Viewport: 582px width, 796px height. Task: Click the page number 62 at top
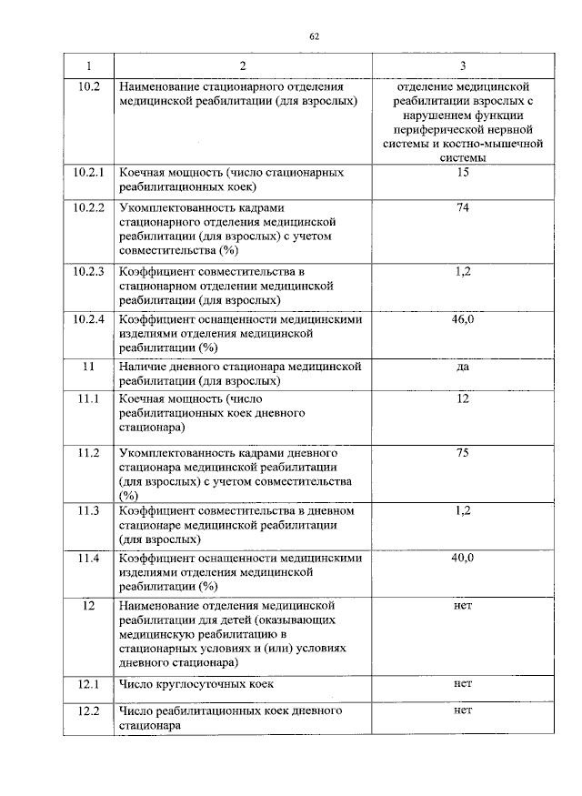click(314, 36)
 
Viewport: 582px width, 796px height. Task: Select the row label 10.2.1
click(88, 172)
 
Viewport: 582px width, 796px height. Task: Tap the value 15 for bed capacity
click(462, 172)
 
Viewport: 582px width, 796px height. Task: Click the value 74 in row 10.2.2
click(462, 208)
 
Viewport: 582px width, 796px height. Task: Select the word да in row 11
click(462, 368)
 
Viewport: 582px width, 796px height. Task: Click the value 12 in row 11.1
click(462, 399)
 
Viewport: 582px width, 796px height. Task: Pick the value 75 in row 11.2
click(462, 452)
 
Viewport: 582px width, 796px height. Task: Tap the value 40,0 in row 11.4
click(462, 558)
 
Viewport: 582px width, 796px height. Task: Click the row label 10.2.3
click(88, 271)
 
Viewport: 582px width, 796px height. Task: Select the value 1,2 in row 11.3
click(462, 510)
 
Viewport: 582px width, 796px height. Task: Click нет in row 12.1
click(462, 683)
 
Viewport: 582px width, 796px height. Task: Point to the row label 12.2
click(88, 710)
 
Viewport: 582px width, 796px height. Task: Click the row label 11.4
click(88, 558)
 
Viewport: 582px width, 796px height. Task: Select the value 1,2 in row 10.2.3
click(462, 271)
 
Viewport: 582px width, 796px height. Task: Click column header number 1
click(88, 66)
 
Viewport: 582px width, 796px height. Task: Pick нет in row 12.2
click(462, 710)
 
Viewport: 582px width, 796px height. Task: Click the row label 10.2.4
click(88, 319)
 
